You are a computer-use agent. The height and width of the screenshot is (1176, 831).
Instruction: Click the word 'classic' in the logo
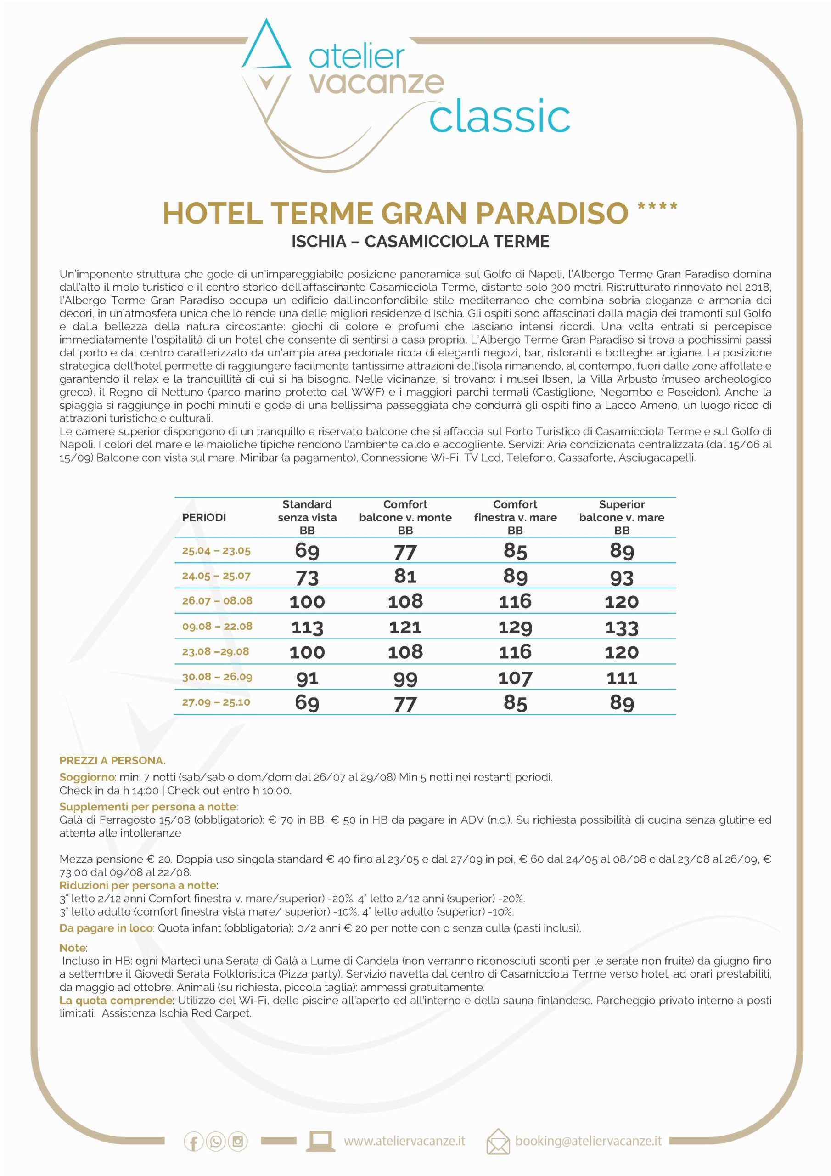pyautogui.click(x=499, y=117)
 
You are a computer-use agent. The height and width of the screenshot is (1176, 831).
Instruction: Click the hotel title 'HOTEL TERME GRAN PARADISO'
pyautogui.click(x=395, y=213)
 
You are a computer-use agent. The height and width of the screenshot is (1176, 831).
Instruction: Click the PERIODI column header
pyautogui.click(x=204, y=517)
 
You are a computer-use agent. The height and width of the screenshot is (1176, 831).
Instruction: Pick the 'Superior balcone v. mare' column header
pyautogui.click(x=622, y=517)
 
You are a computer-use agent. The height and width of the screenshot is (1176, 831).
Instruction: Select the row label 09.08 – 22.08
pyautogui.click(x=217, y=626)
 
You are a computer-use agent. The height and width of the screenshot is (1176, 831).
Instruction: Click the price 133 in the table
pyautogui.click(x=622, y=627)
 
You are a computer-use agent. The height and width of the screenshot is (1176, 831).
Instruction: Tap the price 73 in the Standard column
pyautogui.click(x=307, y=577)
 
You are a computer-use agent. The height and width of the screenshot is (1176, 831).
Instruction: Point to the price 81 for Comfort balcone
pyautogui.click(x=405, y=576)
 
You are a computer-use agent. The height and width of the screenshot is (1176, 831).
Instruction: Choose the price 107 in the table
pyautogui.click(x=515, y=678)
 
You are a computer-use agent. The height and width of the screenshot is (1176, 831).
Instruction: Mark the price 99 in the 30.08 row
pyautogui.click(x=405, y=678)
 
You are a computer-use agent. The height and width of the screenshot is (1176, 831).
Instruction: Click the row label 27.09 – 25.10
pyautogui.click(x=216, y=702)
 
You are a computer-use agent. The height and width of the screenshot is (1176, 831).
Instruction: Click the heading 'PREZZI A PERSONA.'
pyautogui.click(x=112, y=761)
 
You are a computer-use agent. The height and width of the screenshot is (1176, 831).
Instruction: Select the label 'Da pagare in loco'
pyautogui.click(x=107, y=928)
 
